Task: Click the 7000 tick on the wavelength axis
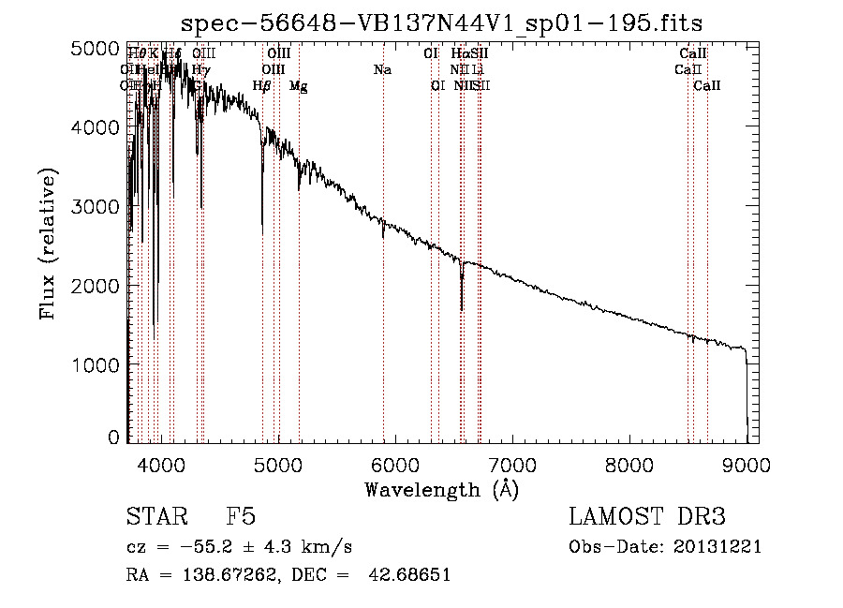tap(511, 464)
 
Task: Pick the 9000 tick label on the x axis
tap(747, 464)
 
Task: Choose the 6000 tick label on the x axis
tap(394, 464)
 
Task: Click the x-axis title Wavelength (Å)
tap(441, 489)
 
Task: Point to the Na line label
tap(382, 69)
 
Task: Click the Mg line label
tap(298, 86)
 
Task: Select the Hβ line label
tap(262, 86)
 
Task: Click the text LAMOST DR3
tap(647, 518)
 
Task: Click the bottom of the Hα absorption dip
tap(462, 309)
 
